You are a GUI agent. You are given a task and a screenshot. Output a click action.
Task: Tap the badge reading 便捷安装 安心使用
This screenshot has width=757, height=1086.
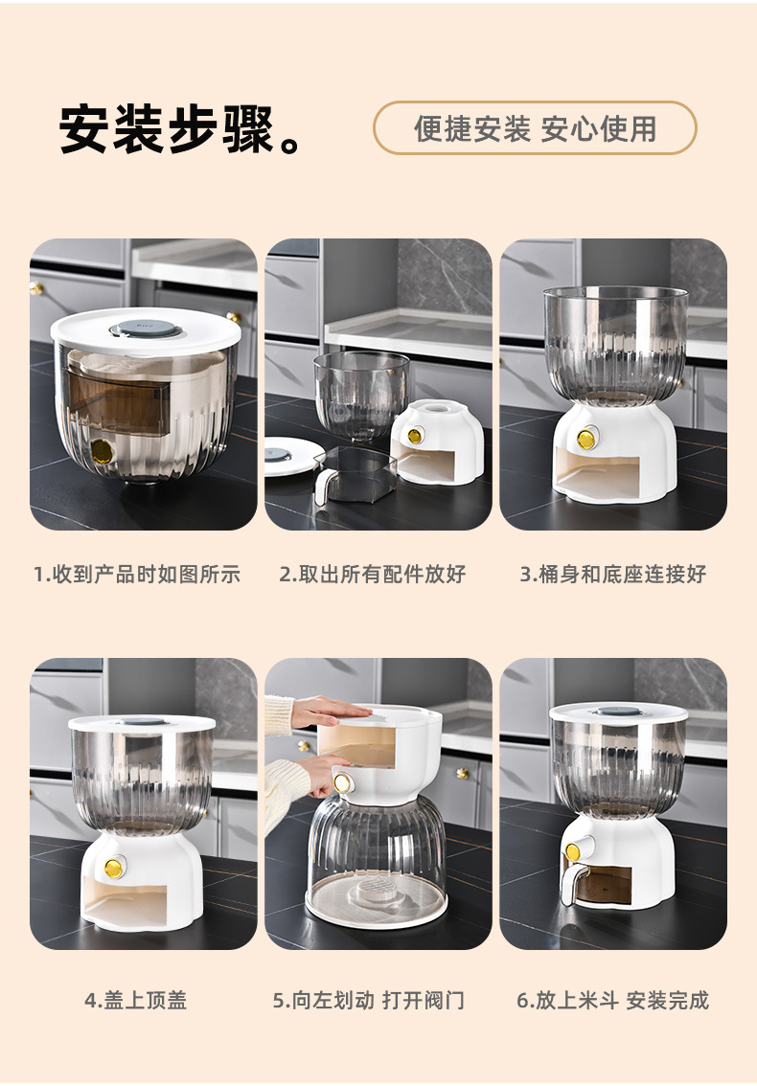pos(535,128)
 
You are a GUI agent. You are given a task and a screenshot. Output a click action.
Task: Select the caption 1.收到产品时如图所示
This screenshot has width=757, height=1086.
pos(137,575)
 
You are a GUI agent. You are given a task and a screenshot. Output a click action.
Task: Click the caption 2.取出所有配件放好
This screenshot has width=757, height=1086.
pos(372,575)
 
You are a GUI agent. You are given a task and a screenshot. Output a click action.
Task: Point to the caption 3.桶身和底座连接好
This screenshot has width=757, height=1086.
pos(613,575)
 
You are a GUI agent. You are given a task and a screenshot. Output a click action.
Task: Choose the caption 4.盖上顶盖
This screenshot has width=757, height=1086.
pos(136,1000)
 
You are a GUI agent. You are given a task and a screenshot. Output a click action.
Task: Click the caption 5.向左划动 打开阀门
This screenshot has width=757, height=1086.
pos(368,1000)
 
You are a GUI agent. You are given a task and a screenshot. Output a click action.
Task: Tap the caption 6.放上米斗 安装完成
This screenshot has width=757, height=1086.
pos(613,1000)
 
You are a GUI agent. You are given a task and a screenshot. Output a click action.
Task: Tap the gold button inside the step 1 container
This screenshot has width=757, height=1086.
pos(102,452)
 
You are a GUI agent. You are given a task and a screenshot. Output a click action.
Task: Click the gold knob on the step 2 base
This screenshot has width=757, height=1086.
pos(415,436)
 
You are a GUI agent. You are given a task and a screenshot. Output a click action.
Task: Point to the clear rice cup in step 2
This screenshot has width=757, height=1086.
pos(355,476)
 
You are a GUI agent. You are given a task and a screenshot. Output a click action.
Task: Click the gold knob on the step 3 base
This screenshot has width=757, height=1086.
pos(586,439)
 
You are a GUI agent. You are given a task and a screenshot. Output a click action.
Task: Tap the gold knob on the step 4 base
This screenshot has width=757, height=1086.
pos(114,867)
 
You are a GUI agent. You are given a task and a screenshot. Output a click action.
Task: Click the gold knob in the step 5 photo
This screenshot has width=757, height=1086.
pos(342,783)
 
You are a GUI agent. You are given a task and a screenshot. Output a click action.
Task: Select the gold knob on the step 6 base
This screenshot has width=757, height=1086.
pos(573,852)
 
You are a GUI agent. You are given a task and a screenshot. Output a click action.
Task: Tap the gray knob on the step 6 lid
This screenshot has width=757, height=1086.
pos(618,711)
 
